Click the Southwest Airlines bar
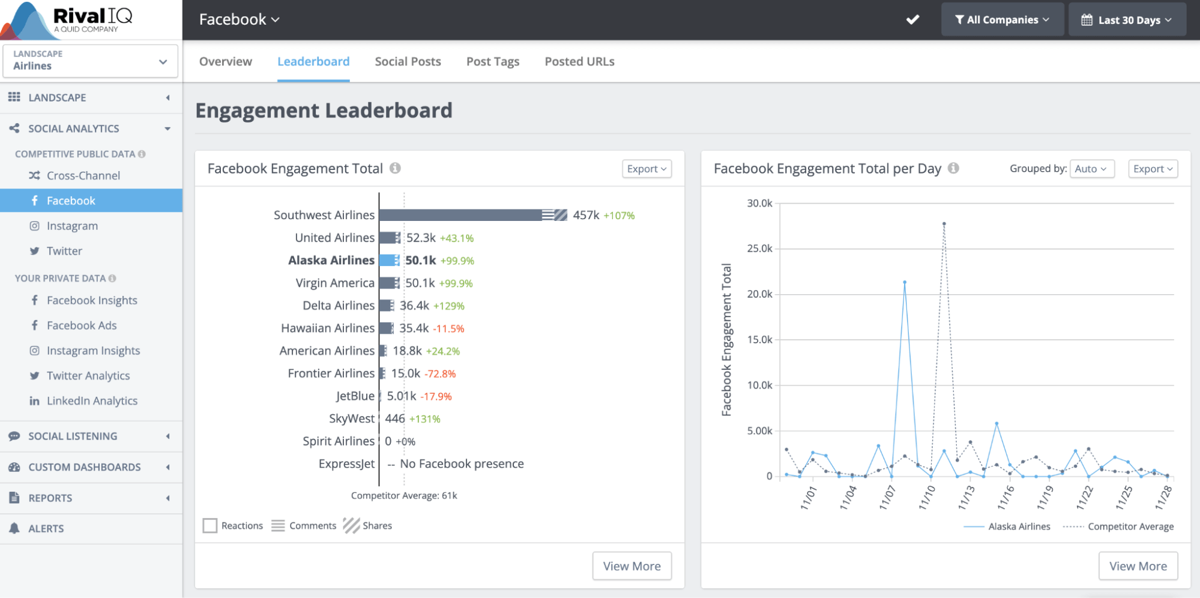pyautogui.click(x=462, y=215)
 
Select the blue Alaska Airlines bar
pyautogui.click(x=387, y=261)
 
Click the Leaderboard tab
pyautogui.click(x=313, y=61)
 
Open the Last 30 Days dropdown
pyautogui.click(x=1127, y=20)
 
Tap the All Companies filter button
pyautogui.click(x=1002, y=20)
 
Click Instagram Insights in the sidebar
pyautogui.click(x=93, y=351)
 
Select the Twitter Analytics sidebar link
pyautogui.click(x=88, y=376)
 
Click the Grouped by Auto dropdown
pyautogui.click(x=1091, y=169)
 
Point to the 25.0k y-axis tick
pyautogui.click(x=759, y=249)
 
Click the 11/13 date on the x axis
pyautogui.click(x=966, y=498)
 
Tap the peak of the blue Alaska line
pyautogui.click(x=905, y=282)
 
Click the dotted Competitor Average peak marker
pyautogui.click(x=944, y=224)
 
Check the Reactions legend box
pyautogui.click(x=210, y=526)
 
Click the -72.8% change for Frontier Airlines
pyautogui.click(x=440, y=374)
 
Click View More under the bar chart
pyautogui.click(x=632, y=566)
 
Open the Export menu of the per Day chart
pyautogui.click(x=1153, y=169)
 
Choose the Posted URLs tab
pyautogui.click(x=579, y=61)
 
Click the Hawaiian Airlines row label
pyautogui.click(x=327, y=328)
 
